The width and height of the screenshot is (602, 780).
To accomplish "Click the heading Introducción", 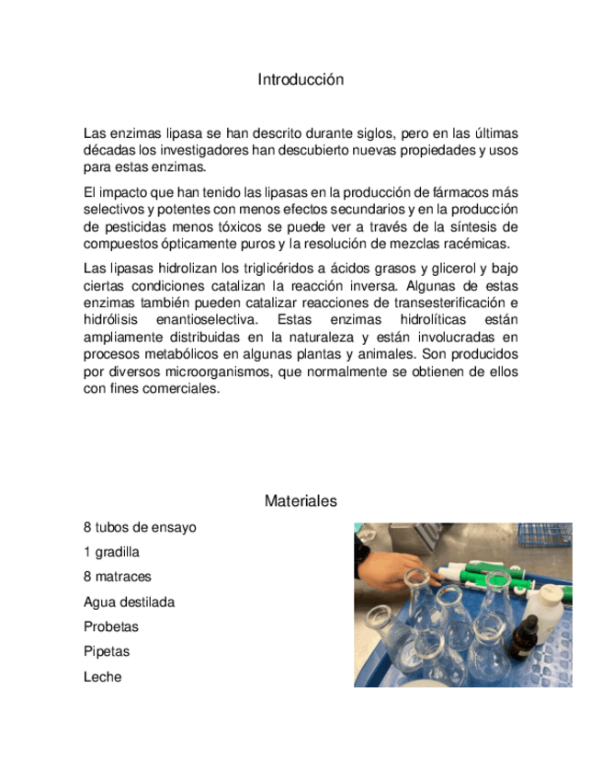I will tap(301, 80).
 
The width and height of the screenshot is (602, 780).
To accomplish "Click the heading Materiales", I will tap(301, 501).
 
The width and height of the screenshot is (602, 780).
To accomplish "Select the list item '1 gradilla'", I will tap(111, 552).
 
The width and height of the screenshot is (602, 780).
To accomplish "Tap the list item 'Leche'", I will tap(102, 677).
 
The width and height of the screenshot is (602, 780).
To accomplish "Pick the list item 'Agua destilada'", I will tap(129, 602).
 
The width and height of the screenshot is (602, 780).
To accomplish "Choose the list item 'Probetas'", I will tap(110, 627).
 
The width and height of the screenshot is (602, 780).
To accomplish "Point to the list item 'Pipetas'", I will tap(107, 652).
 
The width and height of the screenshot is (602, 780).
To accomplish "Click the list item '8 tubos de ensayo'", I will tap(140, 527).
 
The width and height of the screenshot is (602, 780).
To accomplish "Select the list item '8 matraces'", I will tap(118, 577).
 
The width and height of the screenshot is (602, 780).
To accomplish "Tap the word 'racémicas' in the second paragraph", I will tap(475, 245).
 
